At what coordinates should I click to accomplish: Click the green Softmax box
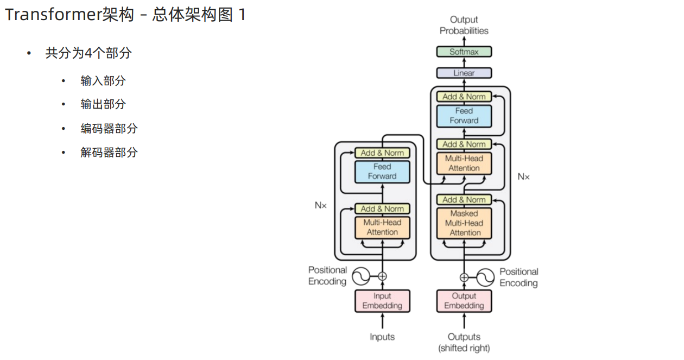point(464,52)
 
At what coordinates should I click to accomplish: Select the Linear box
point(464,73)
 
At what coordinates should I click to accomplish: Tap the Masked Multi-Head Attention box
point(464,223)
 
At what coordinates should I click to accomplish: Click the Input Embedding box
point(382,301)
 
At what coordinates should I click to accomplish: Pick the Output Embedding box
point(464,301)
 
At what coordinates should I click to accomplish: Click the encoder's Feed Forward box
point(382,172)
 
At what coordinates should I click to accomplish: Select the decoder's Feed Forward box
point(464,116)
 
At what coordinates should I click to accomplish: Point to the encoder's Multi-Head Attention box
point(382,227)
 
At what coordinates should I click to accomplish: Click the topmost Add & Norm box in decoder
point(464,97)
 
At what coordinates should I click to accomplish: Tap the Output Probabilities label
point(464,26)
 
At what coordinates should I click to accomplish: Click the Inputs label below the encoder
point(382,337)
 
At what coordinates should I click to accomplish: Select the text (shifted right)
point(464,348)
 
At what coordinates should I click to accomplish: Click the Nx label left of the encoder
point(321,205)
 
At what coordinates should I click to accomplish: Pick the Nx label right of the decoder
point(523,176)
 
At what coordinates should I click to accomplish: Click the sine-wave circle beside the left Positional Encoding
point(360,276)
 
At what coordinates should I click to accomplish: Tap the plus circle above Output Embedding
point(464,277)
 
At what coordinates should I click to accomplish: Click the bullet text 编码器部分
point(109,129)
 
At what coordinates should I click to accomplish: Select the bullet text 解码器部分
point(109,153)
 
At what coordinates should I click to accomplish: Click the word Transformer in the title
point(53,15)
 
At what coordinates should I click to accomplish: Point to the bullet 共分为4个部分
point(88,53)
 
